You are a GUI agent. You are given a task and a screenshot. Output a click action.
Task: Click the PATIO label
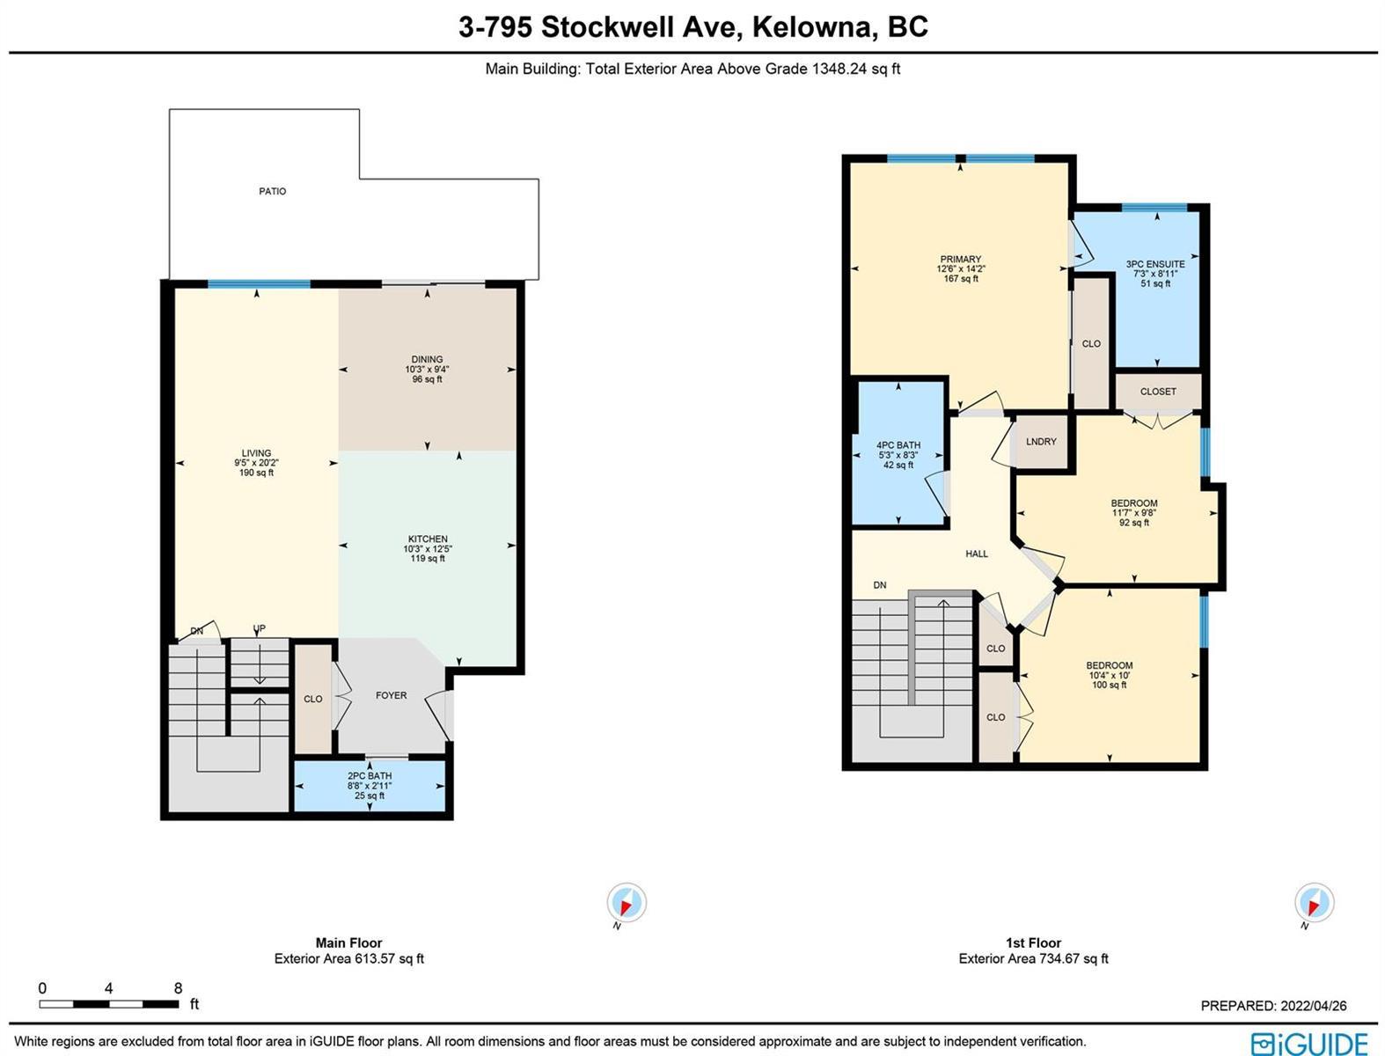(x=273, y=191)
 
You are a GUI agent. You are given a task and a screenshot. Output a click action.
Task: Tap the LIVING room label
(x=256, y=453)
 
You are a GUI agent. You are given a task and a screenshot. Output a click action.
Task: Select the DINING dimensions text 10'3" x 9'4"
(x=427, y=369)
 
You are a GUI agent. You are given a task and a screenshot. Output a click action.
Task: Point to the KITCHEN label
(x=428, y=539)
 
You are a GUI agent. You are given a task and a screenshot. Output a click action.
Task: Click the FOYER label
(x=392, y=695)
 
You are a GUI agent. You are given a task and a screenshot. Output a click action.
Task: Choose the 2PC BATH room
(x=370, y=787)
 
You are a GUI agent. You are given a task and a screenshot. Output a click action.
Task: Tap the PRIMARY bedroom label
(x=961, y=260)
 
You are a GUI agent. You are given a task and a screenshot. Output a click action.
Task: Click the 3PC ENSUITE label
(x=1156, y=264)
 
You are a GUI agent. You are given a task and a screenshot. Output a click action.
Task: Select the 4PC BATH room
(x=898, y=452)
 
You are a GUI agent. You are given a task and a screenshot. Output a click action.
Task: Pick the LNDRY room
(x=1040, y=442)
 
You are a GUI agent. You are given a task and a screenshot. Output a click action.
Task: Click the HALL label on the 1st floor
(x=977, y=554)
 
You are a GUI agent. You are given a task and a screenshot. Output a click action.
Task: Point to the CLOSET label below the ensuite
(x=1159, y=392)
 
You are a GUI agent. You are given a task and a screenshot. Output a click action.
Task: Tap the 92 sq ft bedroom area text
(x=1134, y=523)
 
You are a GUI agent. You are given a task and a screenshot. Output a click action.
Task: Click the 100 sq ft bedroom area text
(x=1110, y=685)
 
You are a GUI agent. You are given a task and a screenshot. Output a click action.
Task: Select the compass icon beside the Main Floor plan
(x=627, y=903)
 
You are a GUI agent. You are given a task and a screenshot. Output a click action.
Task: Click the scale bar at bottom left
(x=109, y=1004)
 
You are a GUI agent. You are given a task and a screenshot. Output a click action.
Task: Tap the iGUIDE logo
(x=1310, y=1043)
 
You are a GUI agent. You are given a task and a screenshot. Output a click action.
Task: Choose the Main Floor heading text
(x=349, y=943)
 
